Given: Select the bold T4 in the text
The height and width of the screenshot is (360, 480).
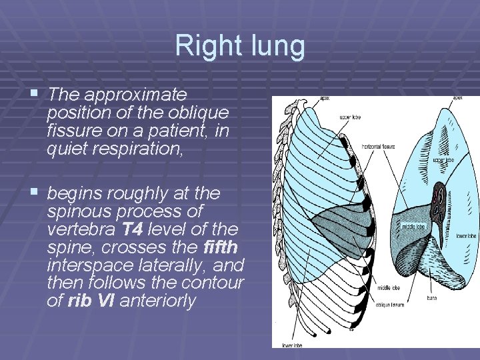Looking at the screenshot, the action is point(131,230).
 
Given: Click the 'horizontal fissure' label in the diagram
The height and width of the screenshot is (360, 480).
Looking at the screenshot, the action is point(379,146).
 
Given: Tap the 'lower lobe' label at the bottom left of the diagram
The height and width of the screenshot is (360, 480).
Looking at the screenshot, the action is point(291,345).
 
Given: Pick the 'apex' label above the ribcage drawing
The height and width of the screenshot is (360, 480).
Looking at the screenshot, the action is point(324,98).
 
